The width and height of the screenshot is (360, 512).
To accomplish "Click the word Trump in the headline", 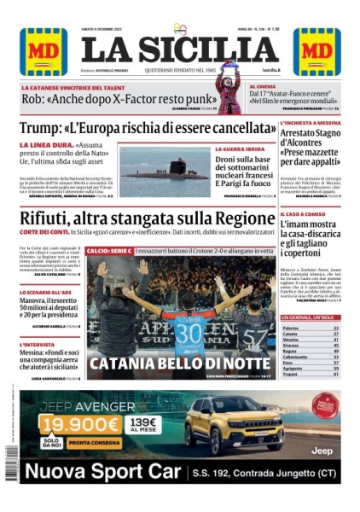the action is coord(44,131).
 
